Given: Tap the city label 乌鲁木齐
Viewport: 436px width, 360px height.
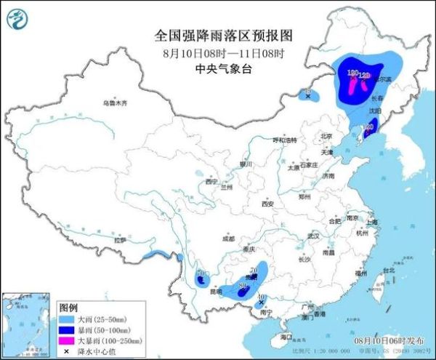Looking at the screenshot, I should click(114, 103).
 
